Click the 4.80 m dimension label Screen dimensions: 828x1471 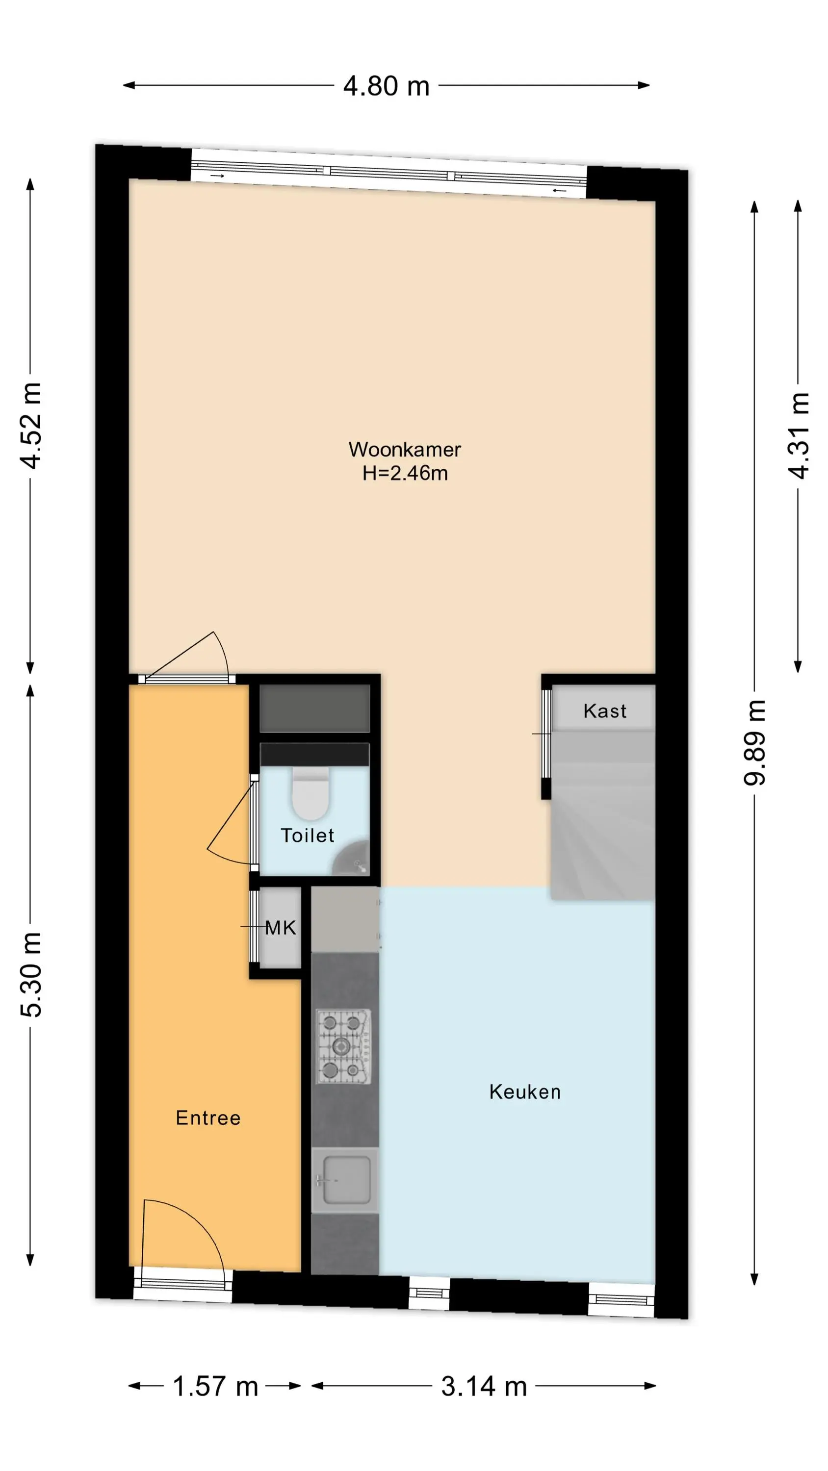387,86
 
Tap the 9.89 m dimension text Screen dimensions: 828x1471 754,742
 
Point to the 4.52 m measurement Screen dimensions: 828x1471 30,426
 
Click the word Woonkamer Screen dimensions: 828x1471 405,450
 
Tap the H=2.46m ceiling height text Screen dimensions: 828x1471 405,473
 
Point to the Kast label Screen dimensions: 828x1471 605,711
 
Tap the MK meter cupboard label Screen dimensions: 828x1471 281,928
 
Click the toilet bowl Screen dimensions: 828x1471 310,793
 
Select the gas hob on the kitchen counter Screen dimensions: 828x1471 344,1047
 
